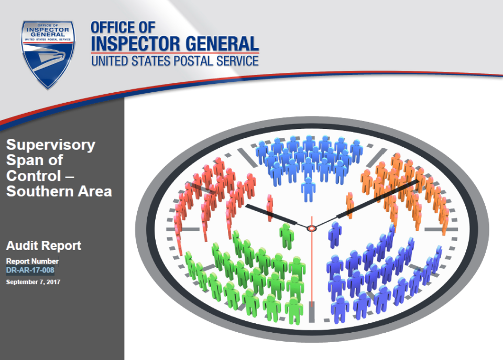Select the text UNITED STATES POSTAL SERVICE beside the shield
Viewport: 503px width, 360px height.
tap(175, 61)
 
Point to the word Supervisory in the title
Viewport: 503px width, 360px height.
tap(51, 145)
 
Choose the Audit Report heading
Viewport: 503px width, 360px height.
tap(43, 246)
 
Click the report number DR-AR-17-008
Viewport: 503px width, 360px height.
tap(30, 270)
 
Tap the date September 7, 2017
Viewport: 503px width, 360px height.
tap(33, 282)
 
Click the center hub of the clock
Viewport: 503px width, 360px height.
tap(311, 228)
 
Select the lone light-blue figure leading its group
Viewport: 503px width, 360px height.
tap(308, 189)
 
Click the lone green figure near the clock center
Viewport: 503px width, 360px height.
tap(287, 236)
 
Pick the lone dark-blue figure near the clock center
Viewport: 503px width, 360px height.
tap(335, 235)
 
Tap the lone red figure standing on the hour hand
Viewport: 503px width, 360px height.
tap(270, 208)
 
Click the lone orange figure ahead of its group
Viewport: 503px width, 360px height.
tap(349, 205)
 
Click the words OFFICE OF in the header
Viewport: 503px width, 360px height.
tap(123, 28)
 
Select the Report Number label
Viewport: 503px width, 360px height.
tap(32, 261)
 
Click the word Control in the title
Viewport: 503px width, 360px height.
tap(34, 176)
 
